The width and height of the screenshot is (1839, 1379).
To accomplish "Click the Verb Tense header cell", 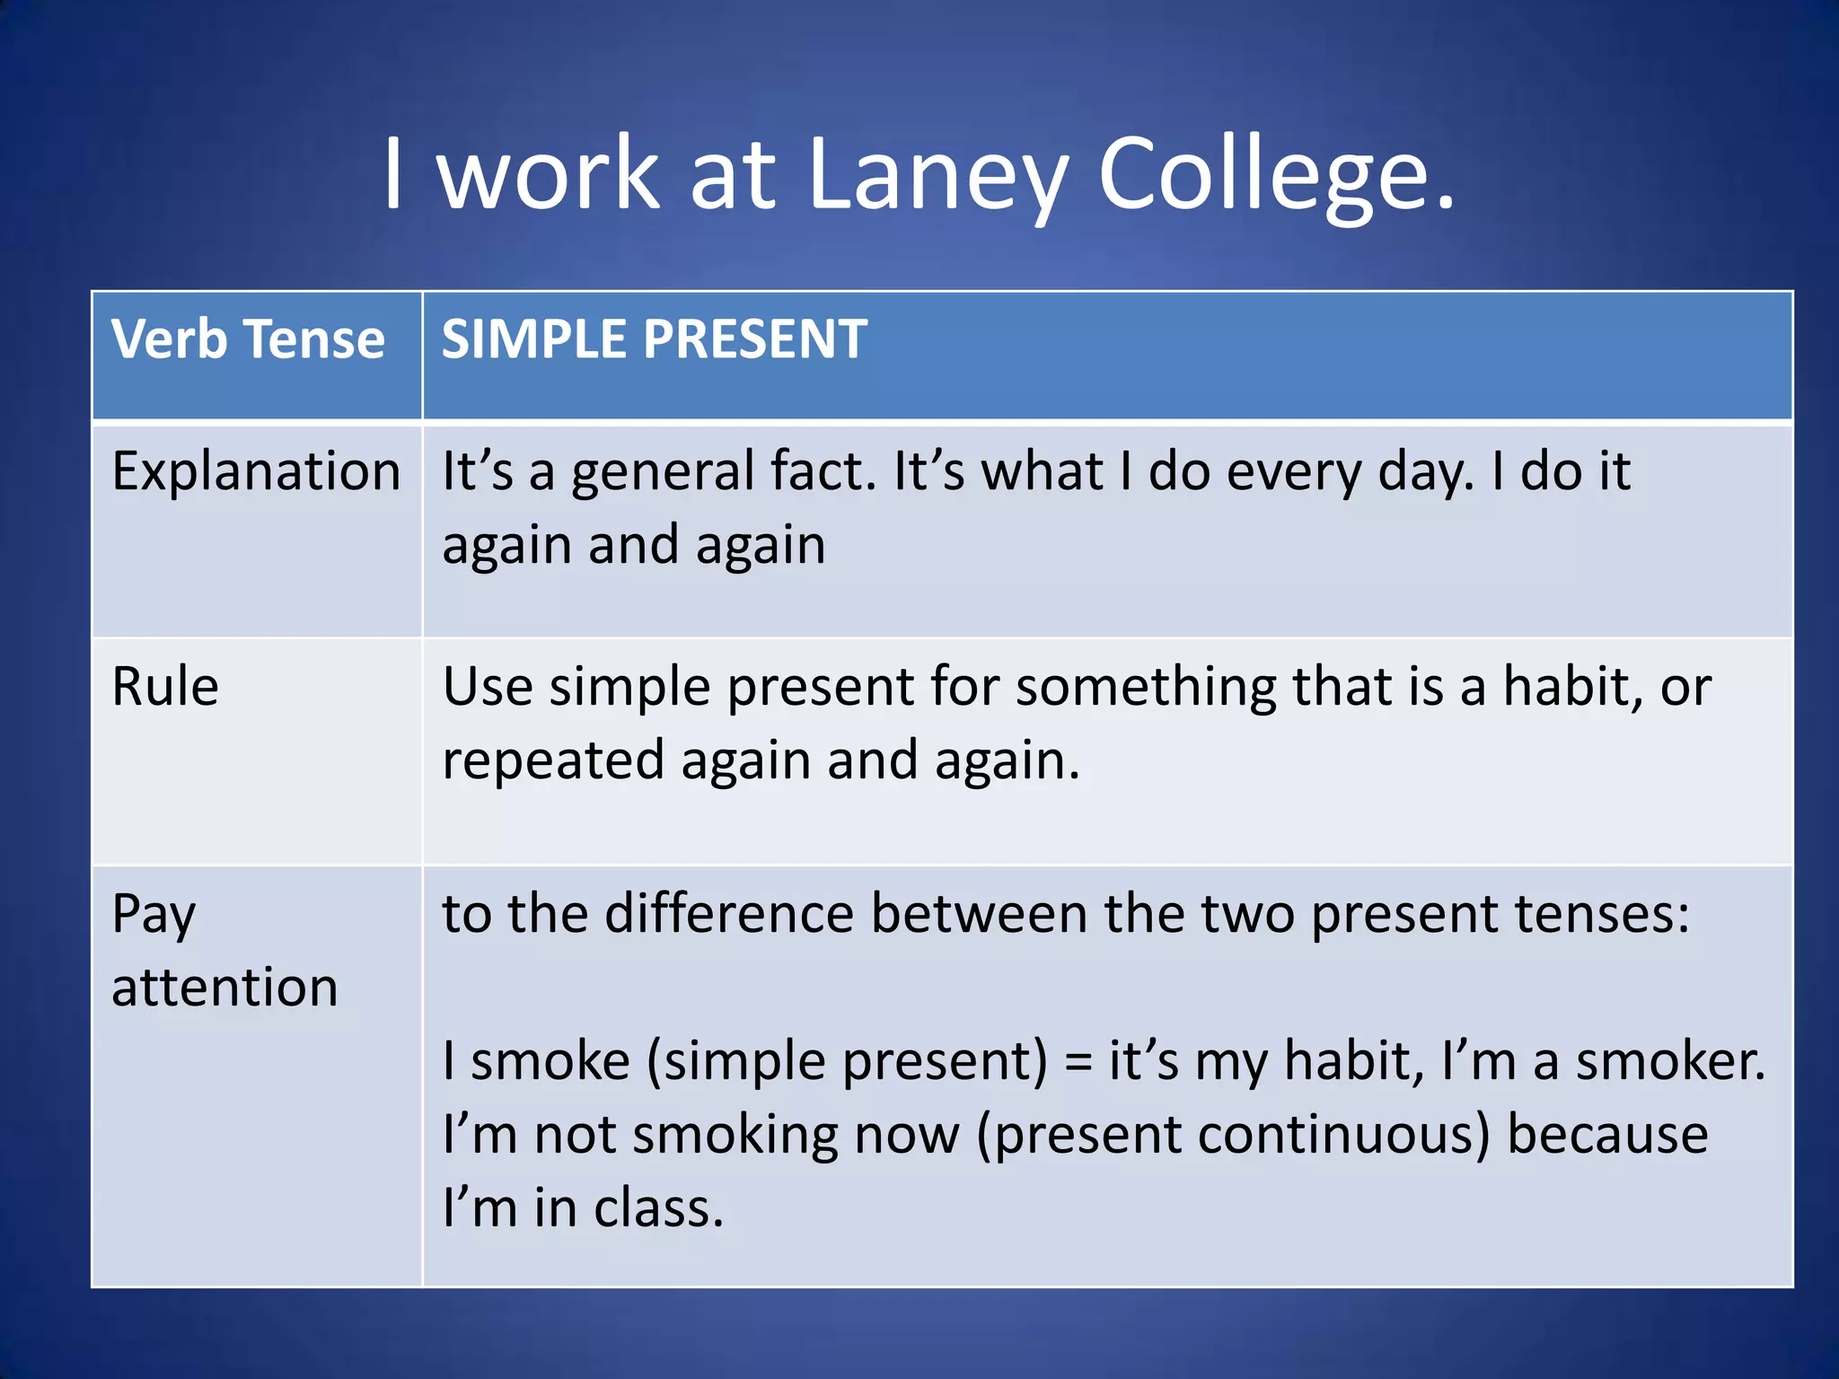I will [248, 340].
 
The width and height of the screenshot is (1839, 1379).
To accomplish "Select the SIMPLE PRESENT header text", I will [654, 340].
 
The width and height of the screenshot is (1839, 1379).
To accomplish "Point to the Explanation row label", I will [256, 471].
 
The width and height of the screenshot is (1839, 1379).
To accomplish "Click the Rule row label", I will [165, 688].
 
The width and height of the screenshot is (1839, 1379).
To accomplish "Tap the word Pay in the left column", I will [154, 916].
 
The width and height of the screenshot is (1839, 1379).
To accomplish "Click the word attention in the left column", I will [224, 988].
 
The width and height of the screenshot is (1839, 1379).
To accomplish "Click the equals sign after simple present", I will [1078, 1063].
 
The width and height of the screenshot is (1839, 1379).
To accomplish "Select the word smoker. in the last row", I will [1670, 1061].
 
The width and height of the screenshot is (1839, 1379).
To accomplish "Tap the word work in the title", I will [548, 175].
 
